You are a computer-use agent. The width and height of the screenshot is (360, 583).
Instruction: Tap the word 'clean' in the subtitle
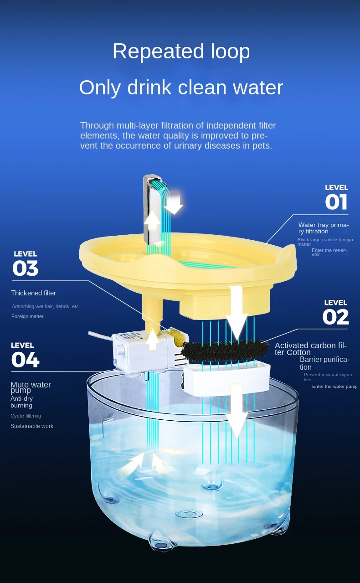tap(202, 88)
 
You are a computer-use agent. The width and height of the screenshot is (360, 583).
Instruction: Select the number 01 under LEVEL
tap(336, 202)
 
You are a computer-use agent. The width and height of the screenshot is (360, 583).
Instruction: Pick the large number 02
tap(335, 317)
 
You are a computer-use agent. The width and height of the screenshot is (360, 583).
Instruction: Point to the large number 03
tap(26, 268)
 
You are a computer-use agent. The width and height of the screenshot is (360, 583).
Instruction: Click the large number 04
tap(25, 360)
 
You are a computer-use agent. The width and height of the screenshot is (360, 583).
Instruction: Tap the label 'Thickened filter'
tap(34, 293)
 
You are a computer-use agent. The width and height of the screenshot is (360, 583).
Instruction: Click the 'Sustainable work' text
tap(32, 426)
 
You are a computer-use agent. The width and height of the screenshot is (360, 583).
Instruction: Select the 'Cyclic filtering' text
tap(26, 416)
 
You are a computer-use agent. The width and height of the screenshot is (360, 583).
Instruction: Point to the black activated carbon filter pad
tap(225, 351)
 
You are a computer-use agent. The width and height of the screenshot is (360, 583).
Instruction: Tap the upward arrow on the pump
tap(153, 339)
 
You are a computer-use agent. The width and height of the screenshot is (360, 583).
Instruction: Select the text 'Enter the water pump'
tap(335, 387)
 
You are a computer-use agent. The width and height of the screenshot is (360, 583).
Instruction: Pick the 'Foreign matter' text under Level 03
tap(27, 316)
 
